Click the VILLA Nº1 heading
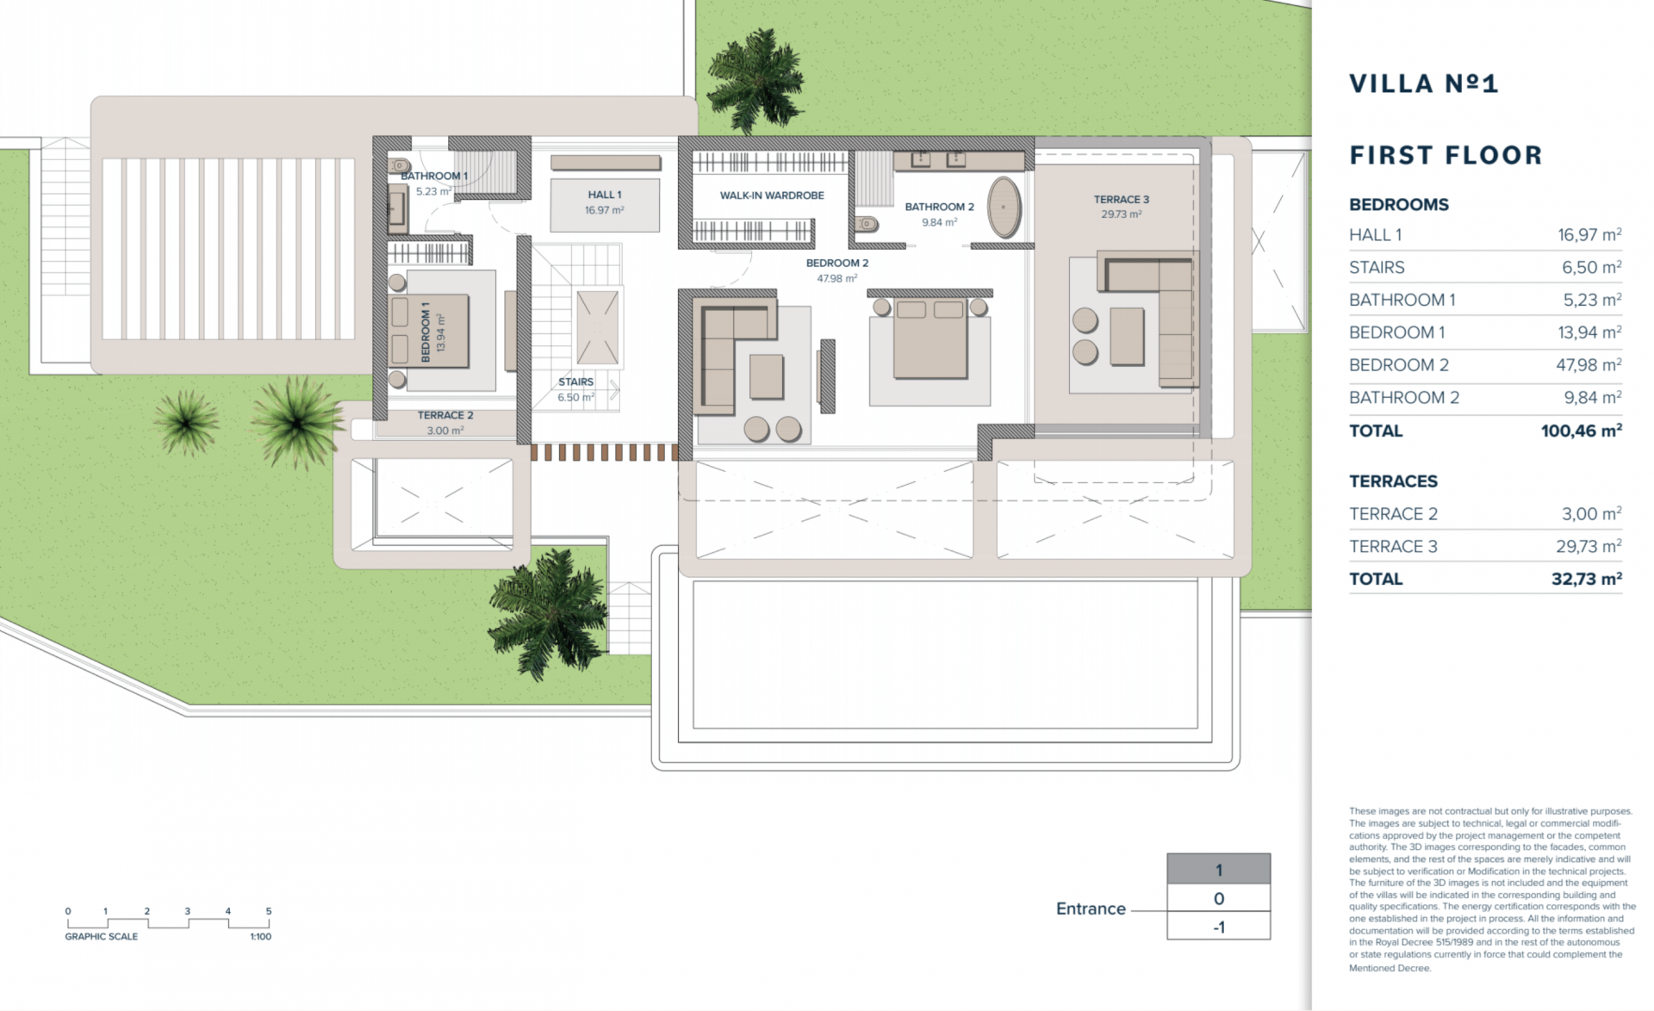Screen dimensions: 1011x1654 tap(1423, 84)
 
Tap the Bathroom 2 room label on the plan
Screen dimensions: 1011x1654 tap(939, 207)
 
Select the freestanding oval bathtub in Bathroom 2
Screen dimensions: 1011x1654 tap(1004, 208)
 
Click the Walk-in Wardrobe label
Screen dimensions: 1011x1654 tap(772, 195)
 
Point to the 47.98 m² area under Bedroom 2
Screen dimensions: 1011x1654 tap(836, 279)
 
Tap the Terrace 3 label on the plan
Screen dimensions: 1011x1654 tap(1121, 200)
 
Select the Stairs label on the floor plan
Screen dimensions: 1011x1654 tap(575, 381)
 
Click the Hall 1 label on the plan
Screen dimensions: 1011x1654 tap(604, 195)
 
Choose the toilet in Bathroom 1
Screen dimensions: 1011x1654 tap(400, 165)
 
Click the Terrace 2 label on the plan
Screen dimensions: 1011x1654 tap(445, 415)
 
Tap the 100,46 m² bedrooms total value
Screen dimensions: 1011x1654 tap(1581, 431)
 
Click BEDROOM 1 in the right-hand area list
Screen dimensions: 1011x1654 tap(1396, 332)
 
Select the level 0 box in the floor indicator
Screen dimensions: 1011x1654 tap(1218, 898)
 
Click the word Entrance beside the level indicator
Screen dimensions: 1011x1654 tap(1091, 909)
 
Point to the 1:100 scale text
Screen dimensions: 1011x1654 tap(260, 937)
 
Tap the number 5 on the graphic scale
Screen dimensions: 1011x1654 tap(269, 911)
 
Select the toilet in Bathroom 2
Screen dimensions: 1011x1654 tap(867, 224)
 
